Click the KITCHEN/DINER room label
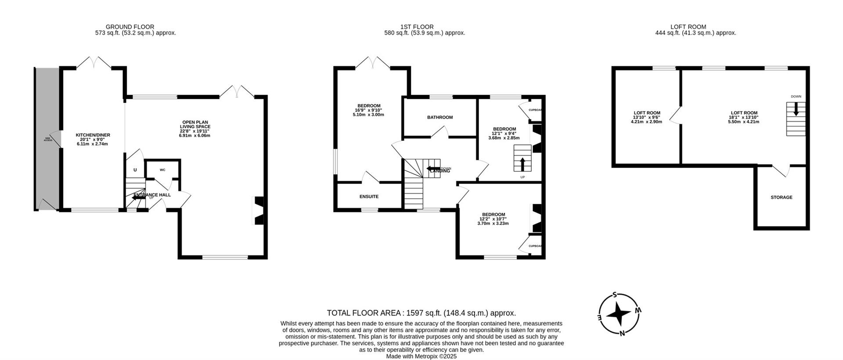coord(93,135)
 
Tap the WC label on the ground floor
coord(162,170)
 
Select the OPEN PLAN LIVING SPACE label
coord(195,125)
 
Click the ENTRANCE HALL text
coord(152,195)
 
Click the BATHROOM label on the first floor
coord(440,118)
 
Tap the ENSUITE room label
coord(369,197)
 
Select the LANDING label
coord(440,171)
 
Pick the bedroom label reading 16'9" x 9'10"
coord(369,106)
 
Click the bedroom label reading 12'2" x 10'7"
coord(493,215)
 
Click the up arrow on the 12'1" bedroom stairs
coord(522,164)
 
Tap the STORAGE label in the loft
coord(782,198)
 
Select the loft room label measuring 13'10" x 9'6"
coord(647,113)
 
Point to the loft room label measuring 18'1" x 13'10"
coord(744,113)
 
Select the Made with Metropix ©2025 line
coord(421,356)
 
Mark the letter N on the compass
coord(622,333)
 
